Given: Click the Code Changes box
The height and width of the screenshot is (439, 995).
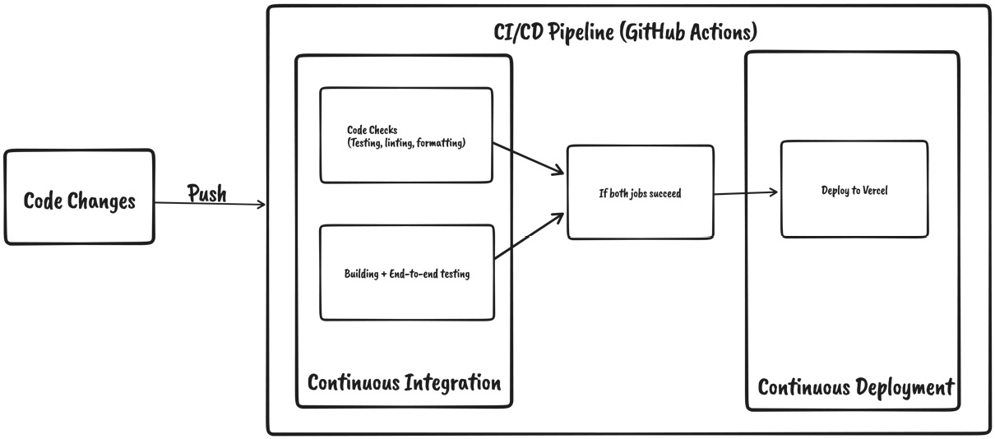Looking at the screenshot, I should tap(80, 197).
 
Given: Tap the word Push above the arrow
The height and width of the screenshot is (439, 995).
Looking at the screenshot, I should tap(207, 194).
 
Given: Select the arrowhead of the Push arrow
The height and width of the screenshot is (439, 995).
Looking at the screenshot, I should tap(261, 205).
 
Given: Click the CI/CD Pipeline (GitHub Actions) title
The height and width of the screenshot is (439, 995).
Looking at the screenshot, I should tap(620, 33).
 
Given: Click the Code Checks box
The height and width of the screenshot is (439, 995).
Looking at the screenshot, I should tap(406, 136).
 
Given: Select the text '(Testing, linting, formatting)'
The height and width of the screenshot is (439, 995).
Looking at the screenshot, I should tap(406, 143).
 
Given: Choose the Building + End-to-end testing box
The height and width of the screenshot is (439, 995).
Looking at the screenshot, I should tap(406, 273).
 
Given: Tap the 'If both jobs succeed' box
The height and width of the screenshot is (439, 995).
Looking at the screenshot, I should tap(640, 193).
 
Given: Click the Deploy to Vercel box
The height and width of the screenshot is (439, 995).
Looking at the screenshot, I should tap(854, 190).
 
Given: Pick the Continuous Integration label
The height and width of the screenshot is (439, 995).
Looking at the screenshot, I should tap(404, 383).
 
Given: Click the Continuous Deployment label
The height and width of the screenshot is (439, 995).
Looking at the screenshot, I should tap(855, 387).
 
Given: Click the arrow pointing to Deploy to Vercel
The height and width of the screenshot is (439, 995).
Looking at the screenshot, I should tap(745, 193).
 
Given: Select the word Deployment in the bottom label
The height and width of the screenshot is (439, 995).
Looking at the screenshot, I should tap(905, 387).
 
